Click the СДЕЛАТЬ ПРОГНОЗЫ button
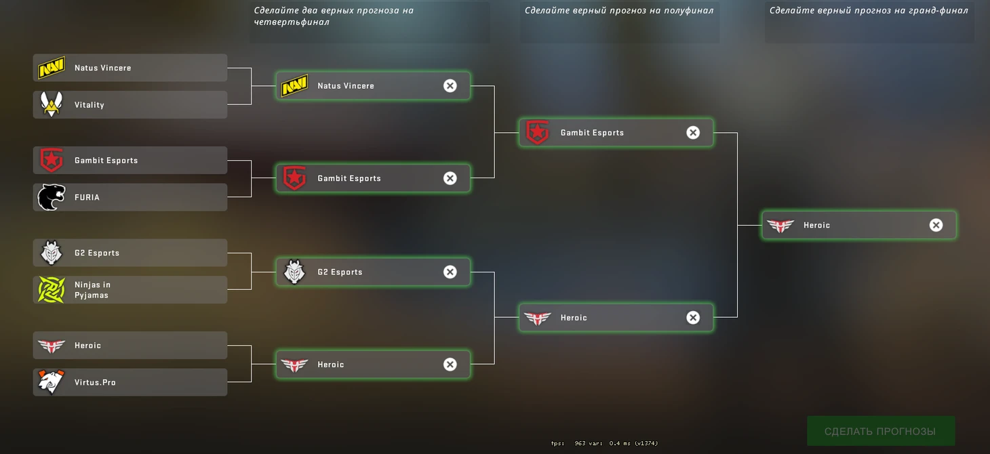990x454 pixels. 880,432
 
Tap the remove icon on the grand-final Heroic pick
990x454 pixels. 936,225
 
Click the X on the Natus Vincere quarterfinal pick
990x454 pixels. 450,85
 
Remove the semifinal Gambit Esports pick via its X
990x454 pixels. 692,133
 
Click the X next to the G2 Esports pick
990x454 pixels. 450,272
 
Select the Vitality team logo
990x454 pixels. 52,104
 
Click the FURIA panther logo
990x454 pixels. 52,197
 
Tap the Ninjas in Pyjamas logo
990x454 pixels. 52,290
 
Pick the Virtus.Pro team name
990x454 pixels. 95,382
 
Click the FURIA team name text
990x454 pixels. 87,197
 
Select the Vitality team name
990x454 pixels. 90,105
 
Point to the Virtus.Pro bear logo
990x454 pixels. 52,382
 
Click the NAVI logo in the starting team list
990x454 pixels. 52,68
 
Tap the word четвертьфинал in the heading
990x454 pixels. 292,22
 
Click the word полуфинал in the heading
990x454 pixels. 685,10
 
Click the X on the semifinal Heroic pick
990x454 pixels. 692,318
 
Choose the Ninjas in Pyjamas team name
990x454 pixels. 92,290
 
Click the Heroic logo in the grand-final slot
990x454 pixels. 780,225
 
